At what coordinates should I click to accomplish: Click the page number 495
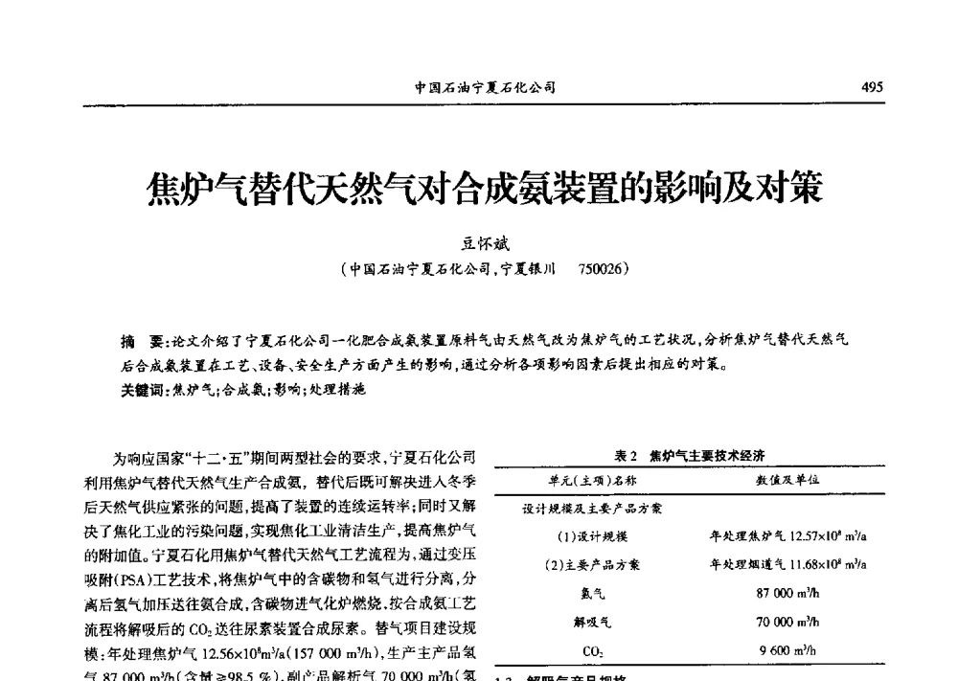coord(872,86)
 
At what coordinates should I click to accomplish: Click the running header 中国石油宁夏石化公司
coord(485,87)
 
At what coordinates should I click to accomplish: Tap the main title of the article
coord(484,188)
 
